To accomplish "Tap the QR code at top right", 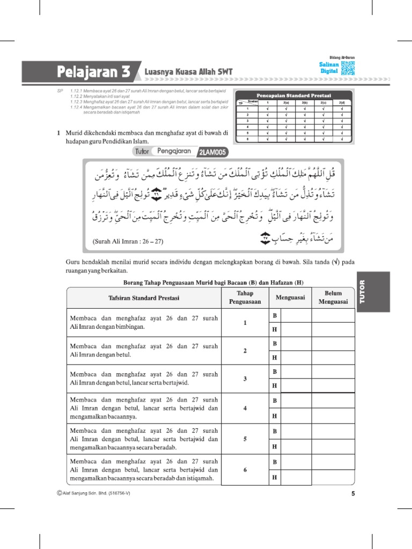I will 348,68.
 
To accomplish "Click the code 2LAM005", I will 213,152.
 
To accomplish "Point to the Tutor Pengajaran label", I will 164,152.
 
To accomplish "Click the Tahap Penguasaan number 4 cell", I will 245,408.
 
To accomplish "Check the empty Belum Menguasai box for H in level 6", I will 333,477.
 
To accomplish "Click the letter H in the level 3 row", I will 275,385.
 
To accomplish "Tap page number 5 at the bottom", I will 353,494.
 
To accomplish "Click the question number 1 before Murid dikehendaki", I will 58,132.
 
